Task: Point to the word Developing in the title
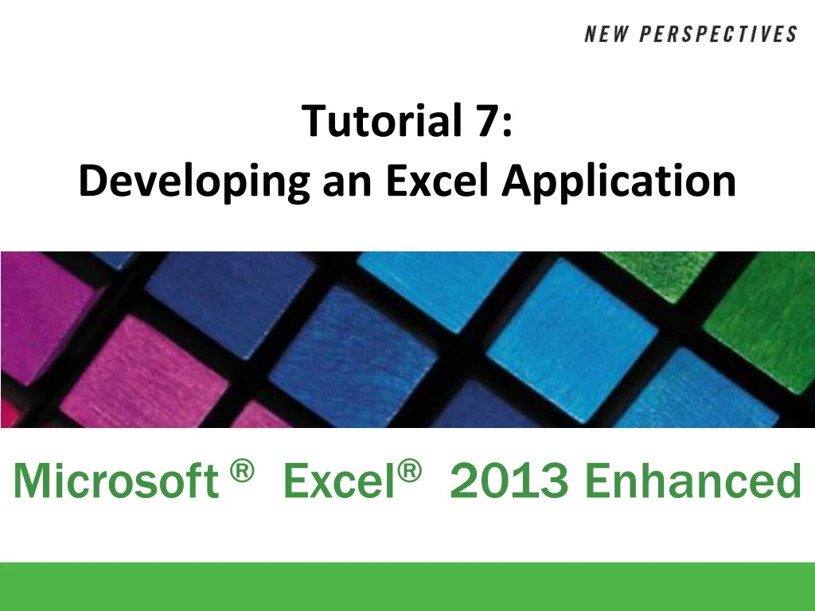194,182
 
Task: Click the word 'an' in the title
348,182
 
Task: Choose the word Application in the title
618,182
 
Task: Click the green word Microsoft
115,481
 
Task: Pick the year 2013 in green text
509,481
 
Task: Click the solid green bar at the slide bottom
407,586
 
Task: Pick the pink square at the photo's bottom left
143,374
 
